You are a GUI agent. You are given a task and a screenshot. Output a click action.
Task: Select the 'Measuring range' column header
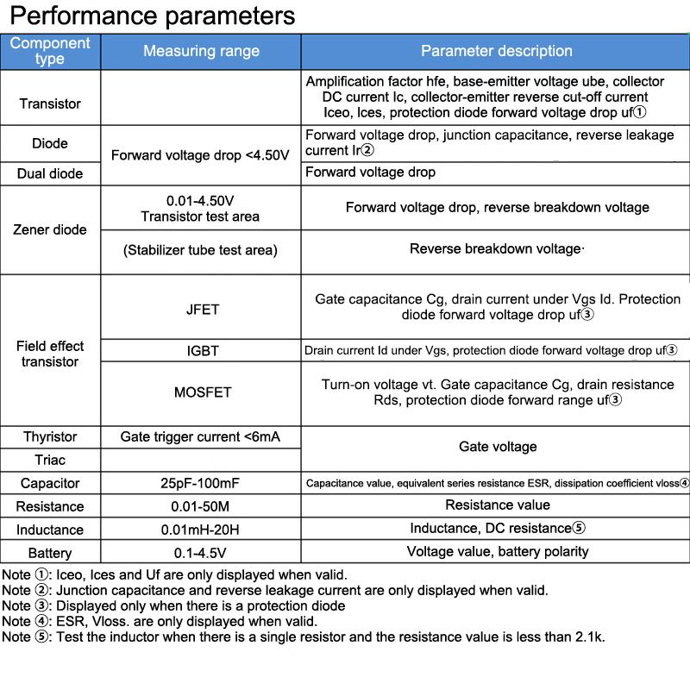click(201, 51)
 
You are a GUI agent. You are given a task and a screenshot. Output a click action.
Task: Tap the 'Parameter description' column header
click(496, 51)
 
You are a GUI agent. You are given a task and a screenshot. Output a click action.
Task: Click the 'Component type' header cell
click(50, 51)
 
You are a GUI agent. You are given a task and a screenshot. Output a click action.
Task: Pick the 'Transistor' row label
click(50, 103)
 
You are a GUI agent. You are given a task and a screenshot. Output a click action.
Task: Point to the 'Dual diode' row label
click(50, 173)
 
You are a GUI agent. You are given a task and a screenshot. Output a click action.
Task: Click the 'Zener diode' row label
click(50, 229)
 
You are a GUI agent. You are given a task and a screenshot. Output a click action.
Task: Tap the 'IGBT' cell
click(203, 351)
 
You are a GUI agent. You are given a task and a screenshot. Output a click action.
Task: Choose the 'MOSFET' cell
click(203, 392)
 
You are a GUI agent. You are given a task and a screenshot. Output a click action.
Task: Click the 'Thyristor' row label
click(50, 437)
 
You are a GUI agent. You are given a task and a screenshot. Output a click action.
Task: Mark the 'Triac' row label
click(50, 460)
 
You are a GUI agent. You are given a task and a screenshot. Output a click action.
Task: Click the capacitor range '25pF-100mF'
click(202, 483)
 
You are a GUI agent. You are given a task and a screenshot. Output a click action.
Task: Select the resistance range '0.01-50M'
click(202, 506)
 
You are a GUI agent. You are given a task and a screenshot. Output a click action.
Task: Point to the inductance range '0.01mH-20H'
click(202, 530)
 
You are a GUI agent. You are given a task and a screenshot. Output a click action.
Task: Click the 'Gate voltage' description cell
click(498, 447)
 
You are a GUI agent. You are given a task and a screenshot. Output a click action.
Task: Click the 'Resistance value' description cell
click(498, 505)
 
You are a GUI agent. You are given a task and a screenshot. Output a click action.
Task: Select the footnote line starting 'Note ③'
click(172, 605)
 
